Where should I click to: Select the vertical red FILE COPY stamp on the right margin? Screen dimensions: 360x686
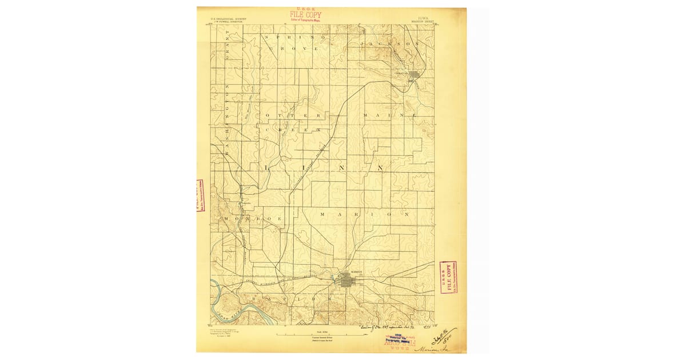[x=448, y=278]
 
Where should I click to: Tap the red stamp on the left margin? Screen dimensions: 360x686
[x=201, y=196]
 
